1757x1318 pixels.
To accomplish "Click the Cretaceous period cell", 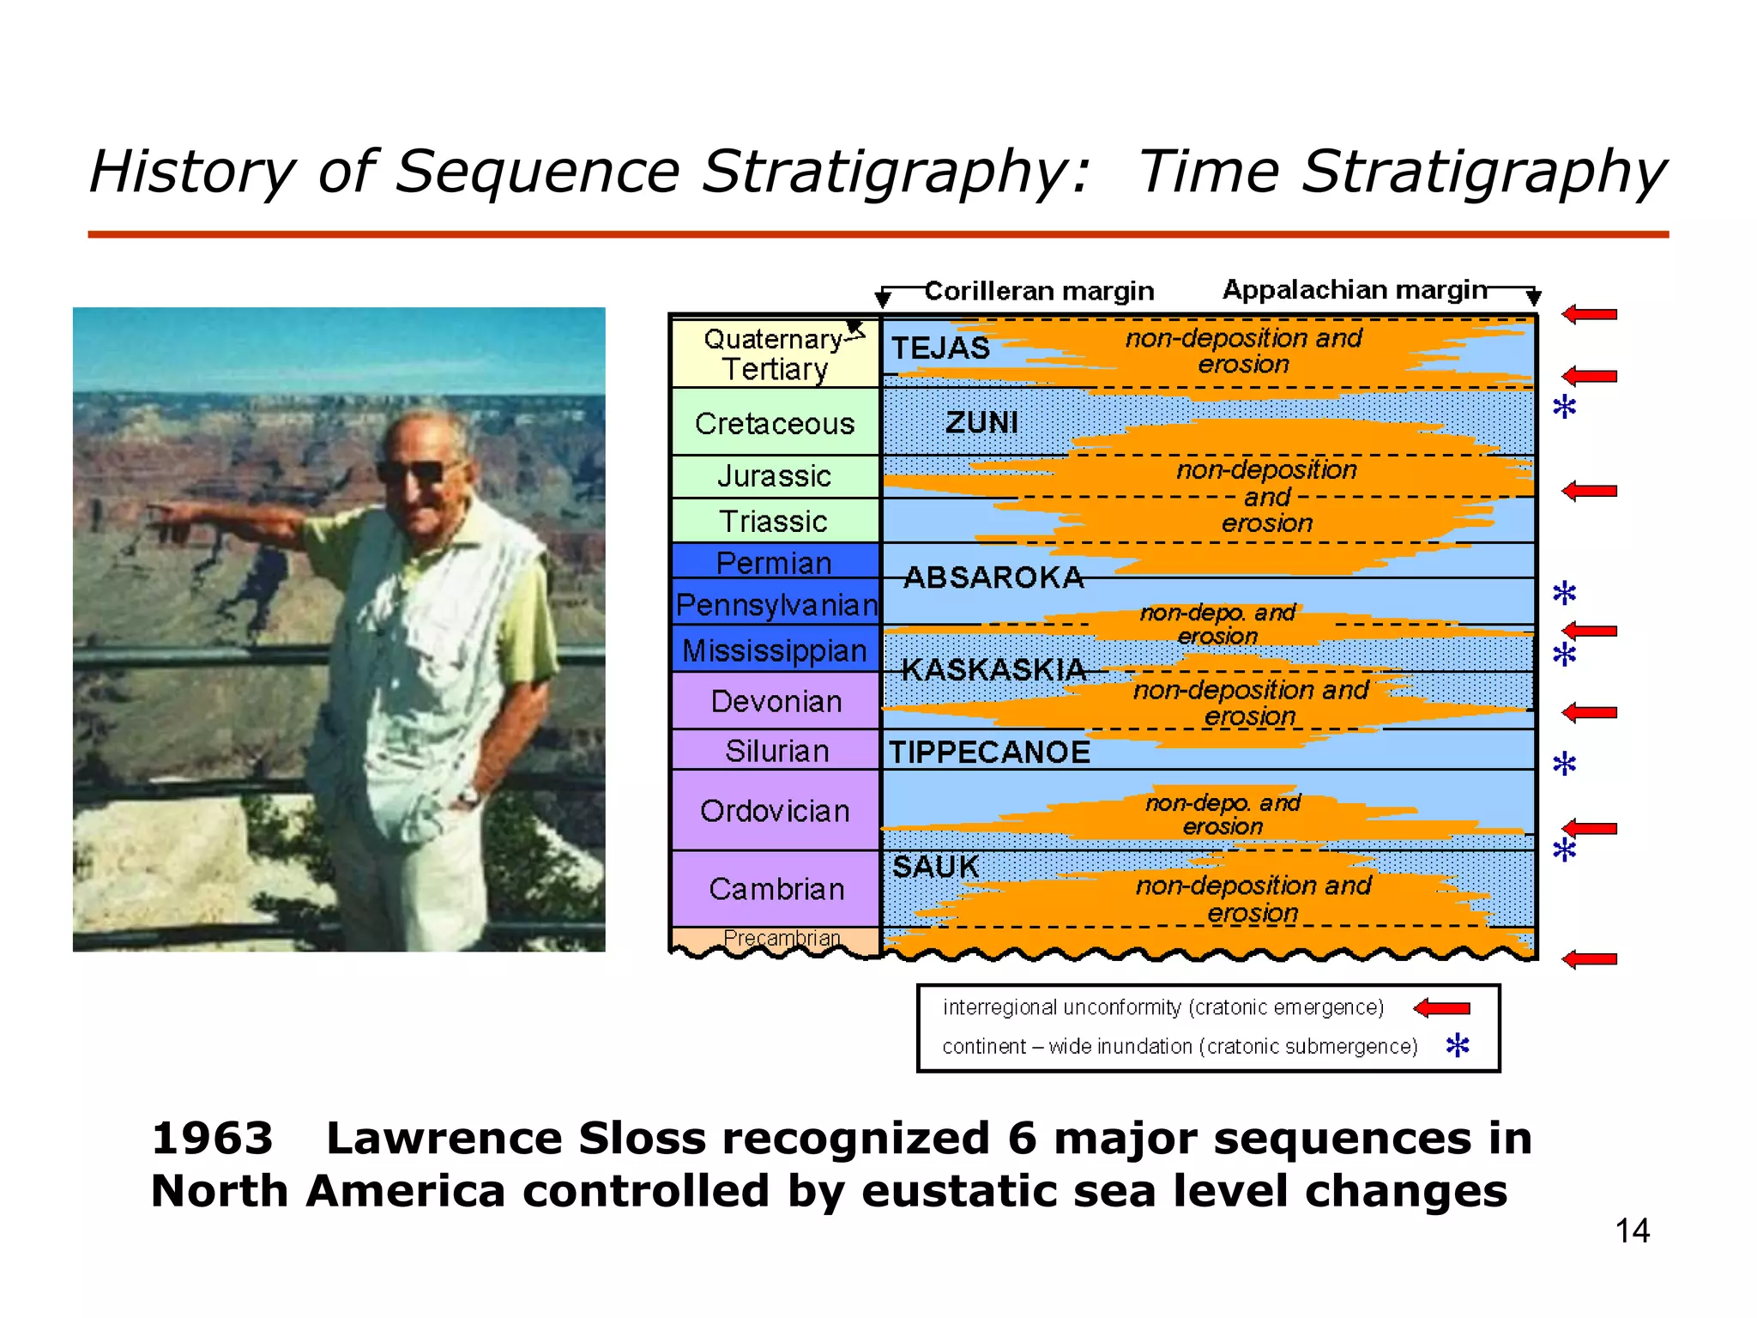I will (775, 423).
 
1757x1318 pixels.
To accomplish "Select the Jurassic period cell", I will (775, 476).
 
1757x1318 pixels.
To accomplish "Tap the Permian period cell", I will (775, 562).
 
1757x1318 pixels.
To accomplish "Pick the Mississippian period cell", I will (775, 650).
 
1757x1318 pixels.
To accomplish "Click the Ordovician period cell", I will (775, 811).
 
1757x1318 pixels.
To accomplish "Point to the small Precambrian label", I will (782, 938).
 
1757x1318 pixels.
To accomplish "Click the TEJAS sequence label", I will (940, 348).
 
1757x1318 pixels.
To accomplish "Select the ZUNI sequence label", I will (981, 422).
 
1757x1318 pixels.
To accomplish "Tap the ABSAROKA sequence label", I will (994, 577).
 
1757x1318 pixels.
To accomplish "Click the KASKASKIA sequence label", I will (994, 669).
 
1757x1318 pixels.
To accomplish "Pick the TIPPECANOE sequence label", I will (989, 752).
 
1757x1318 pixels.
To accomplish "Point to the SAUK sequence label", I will (935, 867).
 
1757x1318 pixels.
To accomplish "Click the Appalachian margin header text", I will (1355, 290).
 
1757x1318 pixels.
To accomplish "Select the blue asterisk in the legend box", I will (1458, 1045).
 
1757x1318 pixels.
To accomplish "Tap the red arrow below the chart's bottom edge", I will (1589, 959).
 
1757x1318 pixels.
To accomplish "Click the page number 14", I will (1632, 1231).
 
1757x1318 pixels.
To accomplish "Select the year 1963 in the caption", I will (212, 1139).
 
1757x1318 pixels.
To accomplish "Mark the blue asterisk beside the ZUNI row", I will (1564, 407).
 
